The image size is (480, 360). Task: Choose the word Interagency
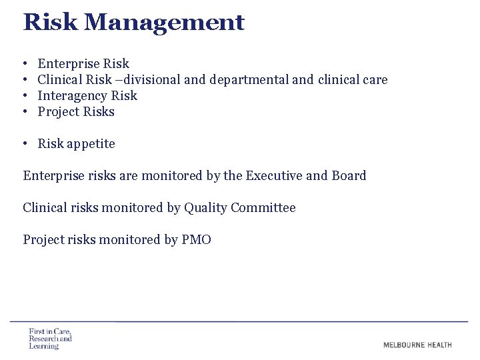[69, 96]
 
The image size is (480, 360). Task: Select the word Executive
[274, 176]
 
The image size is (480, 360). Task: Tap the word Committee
[263, 208]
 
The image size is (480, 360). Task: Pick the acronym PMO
[196, 240]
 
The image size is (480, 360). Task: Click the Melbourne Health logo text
[417, 345]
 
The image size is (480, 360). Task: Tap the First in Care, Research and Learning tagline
[50, 338]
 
